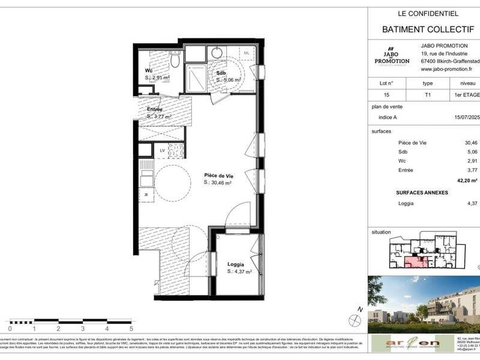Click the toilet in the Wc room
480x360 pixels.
pyautogui.click(x=175, y=60)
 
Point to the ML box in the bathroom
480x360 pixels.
pyautogui.click(x=247, y=53)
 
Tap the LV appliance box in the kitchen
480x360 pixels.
pyautogui.click(x=162, y=150)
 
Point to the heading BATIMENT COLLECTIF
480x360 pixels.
pyautogui.click(x=428, y=29)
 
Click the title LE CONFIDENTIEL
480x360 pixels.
pyautogui.click(x=428, y=13)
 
